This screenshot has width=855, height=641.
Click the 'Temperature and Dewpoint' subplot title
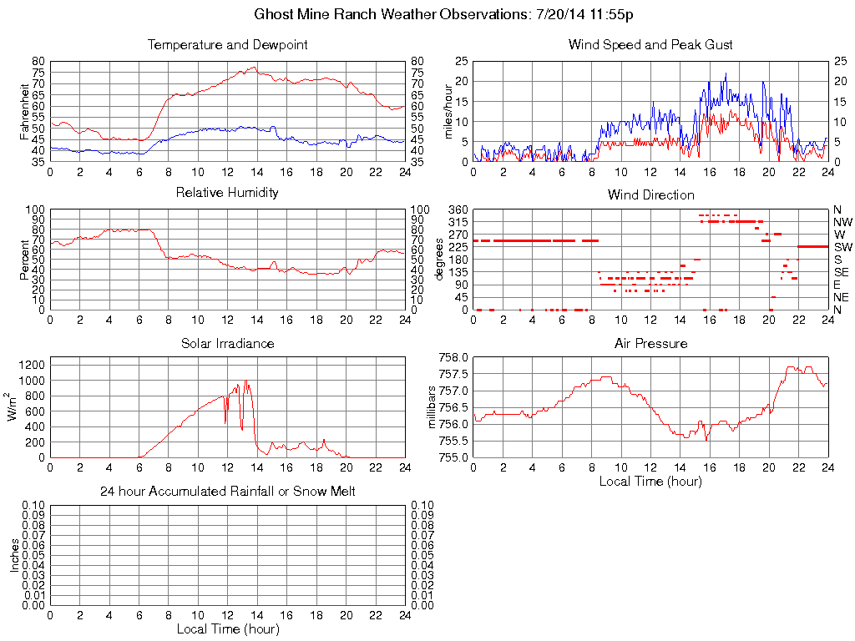[x=227, y=45]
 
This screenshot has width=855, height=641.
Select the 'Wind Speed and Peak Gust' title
[x=650, y=45]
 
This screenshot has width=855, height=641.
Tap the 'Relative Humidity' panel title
[x=227, y=193]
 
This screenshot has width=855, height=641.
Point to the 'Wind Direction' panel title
[x=650, y=195]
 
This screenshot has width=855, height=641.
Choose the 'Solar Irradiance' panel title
[x=227, y=343]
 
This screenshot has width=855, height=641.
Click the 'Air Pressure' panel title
[x=650, y=343]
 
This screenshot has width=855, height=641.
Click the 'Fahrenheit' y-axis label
[x=24, y=111]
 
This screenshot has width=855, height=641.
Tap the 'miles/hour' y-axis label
[x=448, y=111]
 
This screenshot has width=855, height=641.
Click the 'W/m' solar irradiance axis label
[x=13, y=407]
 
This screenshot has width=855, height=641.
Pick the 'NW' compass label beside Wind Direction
[x=842, y=222]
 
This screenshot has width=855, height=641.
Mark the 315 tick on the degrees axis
[x=456, y=222]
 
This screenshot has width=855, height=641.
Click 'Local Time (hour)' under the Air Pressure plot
[x=650, y=481]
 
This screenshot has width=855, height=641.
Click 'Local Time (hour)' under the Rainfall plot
[x=227, y=628]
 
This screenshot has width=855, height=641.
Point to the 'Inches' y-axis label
[x=13, y=555]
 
